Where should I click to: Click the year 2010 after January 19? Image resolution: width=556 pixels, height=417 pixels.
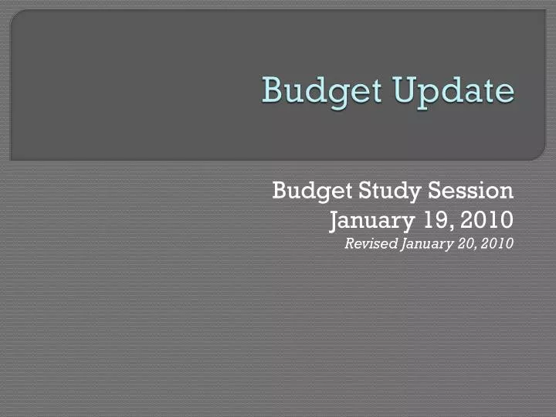(487, 220)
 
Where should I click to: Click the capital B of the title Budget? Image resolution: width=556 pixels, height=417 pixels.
(270, 90)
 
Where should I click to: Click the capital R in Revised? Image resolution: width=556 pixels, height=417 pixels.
(349, 244)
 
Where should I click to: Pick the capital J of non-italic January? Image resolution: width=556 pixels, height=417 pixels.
(334, 221)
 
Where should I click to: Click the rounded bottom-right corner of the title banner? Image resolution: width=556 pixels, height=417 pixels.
(538, 154)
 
